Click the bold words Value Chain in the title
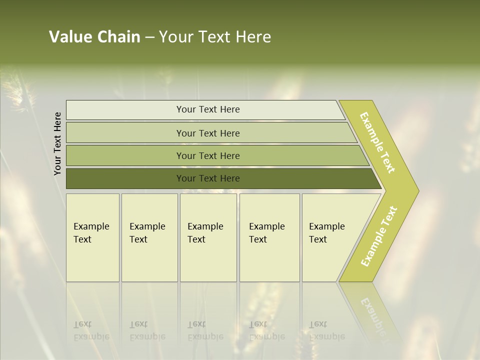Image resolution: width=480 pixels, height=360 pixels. (94, 37)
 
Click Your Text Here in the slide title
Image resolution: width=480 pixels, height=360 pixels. (215, 37)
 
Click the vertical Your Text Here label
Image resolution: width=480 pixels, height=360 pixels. (58, 143)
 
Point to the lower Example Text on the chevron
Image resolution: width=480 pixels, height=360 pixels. (379, 236)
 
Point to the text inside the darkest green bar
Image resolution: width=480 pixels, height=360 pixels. (208, 178)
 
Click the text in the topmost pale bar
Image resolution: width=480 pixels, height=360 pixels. (208, 109)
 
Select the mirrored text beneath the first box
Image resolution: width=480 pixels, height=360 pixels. (91, 330)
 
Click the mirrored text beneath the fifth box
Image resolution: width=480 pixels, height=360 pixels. (326, 330)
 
